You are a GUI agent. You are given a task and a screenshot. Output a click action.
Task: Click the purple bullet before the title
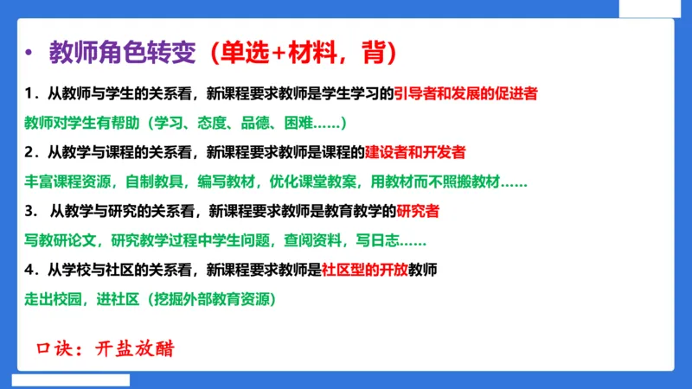click(29, 53)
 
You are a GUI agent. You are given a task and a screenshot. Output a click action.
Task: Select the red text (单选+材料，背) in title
click(292, 52)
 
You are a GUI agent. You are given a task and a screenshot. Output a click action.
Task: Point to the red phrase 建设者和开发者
click(415, 152)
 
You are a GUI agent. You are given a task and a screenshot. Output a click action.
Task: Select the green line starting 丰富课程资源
click(275, 182)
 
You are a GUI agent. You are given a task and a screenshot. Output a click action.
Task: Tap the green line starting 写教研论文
click(225, 240)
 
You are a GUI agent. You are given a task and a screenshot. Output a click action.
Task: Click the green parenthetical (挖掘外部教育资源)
click(212, 300)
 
